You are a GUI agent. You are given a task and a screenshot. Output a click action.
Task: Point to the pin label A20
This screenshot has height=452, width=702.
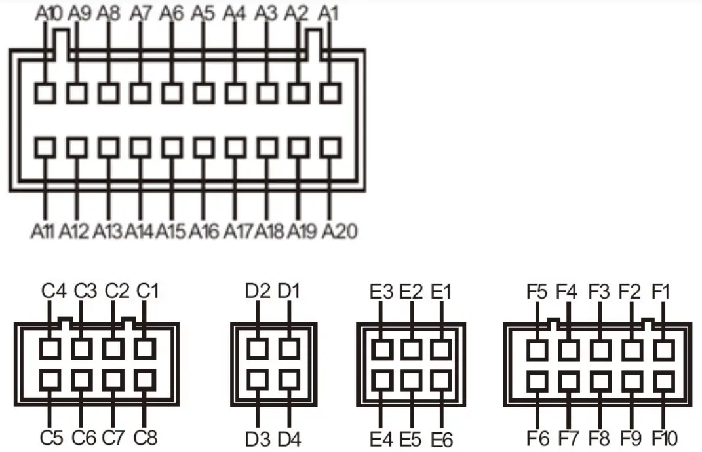coord(340,231)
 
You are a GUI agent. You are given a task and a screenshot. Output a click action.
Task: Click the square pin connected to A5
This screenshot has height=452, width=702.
coord(204,93)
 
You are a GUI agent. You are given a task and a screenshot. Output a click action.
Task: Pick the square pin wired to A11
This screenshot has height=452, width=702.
coord(45,147)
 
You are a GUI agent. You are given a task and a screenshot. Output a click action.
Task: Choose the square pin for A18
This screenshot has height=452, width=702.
coord(267,147)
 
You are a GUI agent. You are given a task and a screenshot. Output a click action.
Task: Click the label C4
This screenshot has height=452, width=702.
coord(54,291)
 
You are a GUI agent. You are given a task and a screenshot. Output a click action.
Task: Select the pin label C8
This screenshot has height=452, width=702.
coord(146,437)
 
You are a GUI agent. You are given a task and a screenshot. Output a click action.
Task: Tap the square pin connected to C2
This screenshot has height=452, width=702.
coord(114,348)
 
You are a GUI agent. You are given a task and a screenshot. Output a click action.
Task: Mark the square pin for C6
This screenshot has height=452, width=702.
coord(82,379)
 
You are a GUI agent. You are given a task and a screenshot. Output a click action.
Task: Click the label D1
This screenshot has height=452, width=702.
coord(289,291)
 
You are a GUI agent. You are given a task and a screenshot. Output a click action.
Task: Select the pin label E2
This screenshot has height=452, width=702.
coord(412,291)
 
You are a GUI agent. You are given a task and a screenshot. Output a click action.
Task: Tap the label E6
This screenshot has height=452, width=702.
coord(442,438)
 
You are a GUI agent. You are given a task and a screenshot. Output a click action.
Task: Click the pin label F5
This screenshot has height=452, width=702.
coord(537,291)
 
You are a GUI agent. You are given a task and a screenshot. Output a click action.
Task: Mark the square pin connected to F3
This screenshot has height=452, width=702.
coord(600,349)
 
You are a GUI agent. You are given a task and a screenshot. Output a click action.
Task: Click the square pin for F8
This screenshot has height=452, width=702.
coord(600,380)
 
